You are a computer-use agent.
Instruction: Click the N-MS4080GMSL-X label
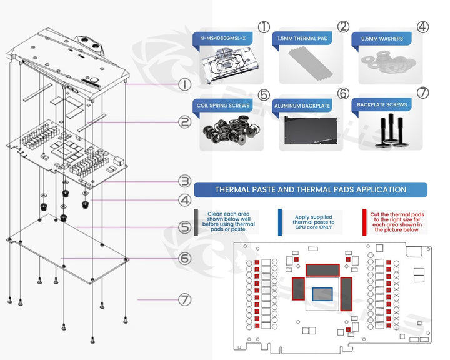[223, 39]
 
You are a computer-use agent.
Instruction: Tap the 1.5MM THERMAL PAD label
[302, 39]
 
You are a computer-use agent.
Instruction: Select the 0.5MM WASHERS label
[382, 39]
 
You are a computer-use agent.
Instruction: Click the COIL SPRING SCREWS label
[223, 105]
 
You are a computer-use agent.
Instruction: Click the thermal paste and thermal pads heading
[310, 189]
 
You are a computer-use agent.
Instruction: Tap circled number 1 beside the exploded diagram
[184, 84]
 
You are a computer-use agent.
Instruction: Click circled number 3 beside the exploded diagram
[184, 181]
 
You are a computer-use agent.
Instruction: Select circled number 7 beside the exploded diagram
[184, 300]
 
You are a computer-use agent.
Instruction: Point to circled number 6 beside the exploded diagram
[184, 257]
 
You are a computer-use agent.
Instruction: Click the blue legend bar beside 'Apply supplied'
[280, 221]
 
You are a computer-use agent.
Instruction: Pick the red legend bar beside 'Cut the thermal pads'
[364, 221]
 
